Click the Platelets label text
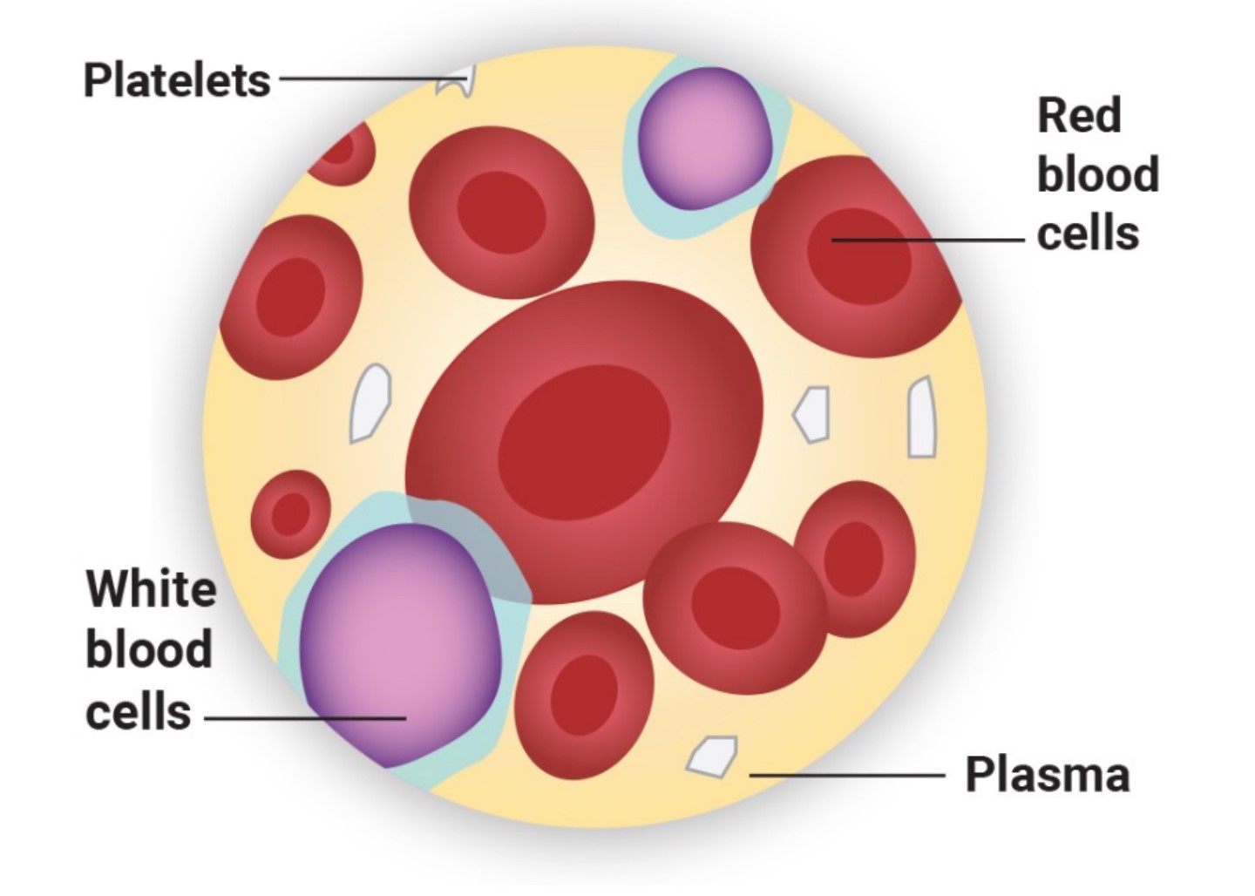click(177, 80)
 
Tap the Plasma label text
click(1047, 774)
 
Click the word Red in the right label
click(1079, 116)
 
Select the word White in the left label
click(151, 589)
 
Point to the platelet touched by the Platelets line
click(458, 82)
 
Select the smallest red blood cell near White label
click(290, 514)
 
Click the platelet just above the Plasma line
click(713, 756)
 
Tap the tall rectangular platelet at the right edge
click(921, 417)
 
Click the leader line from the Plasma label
click(845, 774)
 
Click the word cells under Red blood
click(1088, 234)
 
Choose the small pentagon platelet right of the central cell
click(813, 414)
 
